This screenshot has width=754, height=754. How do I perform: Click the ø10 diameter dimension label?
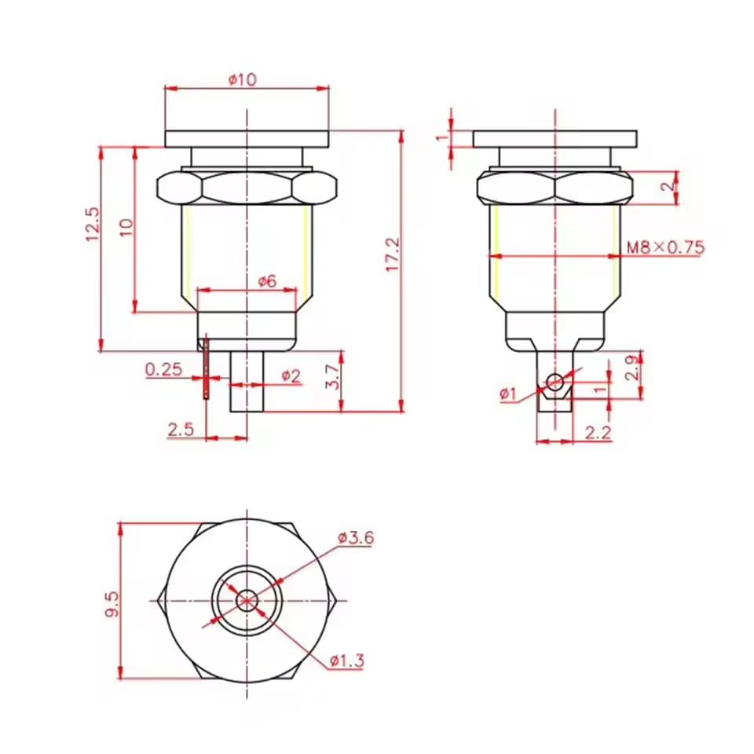pos(243,79)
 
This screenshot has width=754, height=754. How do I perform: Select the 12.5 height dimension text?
pos(93,224)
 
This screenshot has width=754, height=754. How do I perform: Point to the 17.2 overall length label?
pos(393,255)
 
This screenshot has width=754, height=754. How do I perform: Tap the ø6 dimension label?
pos(267,281)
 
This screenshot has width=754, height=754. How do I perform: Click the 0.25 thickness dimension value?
pos(163,368)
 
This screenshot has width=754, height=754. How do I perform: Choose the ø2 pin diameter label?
pos(291,375)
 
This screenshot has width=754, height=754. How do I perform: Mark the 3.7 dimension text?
pos(332,378)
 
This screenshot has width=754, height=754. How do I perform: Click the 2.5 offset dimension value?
pos(181,429)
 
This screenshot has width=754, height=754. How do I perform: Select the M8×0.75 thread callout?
pos(665,247)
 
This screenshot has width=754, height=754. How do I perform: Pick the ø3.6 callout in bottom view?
pos(356,538)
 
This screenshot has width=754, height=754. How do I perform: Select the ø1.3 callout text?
pos(346,661)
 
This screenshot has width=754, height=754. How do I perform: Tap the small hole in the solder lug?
pos(555,382)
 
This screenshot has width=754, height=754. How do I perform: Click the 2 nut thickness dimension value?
pos(666,187)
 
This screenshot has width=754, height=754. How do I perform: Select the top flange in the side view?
pos(555,139)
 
